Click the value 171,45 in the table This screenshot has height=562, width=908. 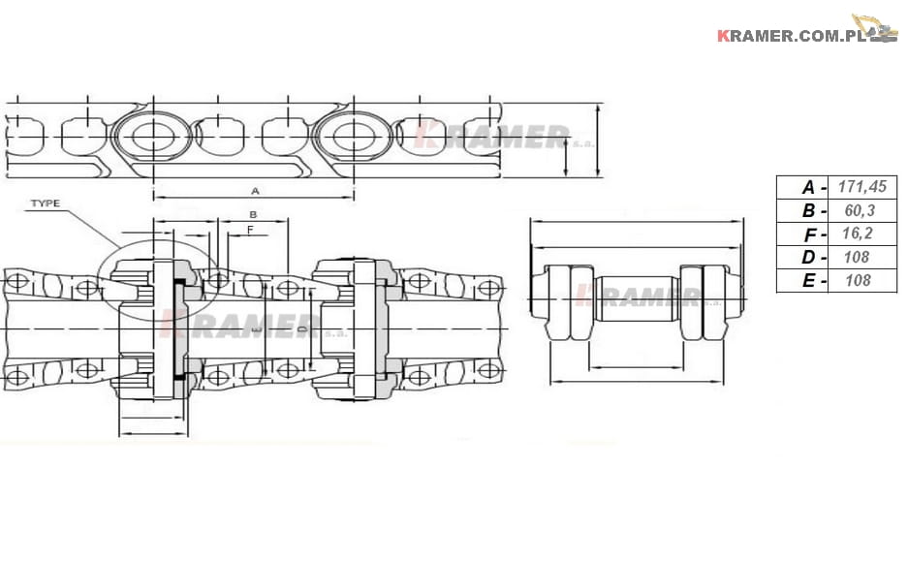click(861, 187)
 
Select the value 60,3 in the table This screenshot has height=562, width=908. click(860, 210)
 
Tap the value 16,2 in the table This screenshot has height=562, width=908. click(857, 234)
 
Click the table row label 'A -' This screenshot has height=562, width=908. click(814, 188)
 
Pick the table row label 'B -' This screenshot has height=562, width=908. click(814, 210)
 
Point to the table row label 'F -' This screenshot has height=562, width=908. click(814, 234)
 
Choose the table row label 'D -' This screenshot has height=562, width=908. click(814, 258)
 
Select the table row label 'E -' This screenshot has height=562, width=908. click(814, 281)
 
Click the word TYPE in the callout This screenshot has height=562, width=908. click(46, 203)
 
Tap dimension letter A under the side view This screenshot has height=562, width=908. click(255, 191)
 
